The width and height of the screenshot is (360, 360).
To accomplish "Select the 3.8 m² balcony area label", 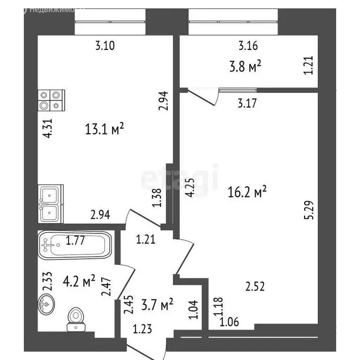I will [245, 67].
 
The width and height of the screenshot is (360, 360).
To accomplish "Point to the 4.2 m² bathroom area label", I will [78, 281].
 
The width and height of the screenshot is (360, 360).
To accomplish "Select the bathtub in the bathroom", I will [75, 244].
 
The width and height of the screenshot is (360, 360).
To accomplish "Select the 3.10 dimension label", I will [105, 45].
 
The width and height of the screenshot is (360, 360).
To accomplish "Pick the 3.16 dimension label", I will [248, 45].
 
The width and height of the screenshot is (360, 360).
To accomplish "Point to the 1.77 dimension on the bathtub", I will [75, 241].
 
